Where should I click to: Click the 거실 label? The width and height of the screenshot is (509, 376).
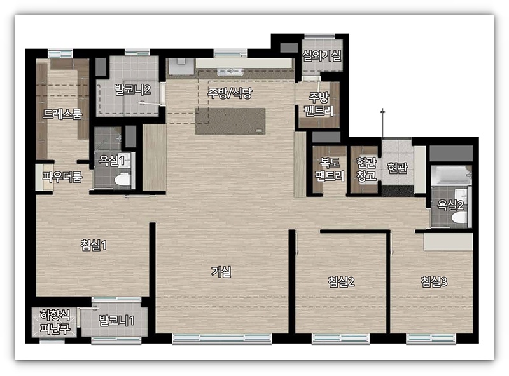(x=221, y=272)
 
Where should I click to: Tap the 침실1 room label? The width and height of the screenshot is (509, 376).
(x=94, y=245)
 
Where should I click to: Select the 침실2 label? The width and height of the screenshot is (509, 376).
(x=341, y=281)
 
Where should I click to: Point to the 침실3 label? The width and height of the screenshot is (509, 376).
(x=434, y=281)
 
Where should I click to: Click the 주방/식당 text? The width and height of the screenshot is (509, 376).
(x=230, y=93)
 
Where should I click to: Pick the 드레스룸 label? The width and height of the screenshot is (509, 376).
(x=62, y=114)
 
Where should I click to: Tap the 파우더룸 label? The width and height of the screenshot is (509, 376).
(x=62, y=177)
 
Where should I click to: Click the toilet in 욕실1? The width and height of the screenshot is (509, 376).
(x=123, y=180)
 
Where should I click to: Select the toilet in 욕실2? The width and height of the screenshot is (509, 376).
(x=459, y=217)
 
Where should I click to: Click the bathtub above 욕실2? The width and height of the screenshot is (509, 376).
(x=451, y=175)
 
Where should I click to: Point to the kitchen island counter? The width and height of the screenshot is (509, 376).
(x=230, y=121)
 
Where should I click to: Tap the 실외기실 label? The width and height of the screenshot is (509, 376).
(x=322, y=56)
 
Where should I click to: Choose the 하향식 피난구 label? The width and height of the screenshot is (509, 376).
(x=55, y=321)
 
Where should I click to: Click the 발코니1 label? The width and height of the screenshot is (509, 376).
(x=116, y=321)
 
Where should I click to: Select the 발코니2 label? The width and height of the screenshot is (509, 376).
(x=132, y=90)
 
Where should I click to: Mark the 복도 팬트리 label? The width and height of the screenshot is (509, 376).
(x=330, y=169)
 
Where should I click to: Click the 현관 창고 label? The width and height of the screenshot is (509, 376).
(x=366, y=169)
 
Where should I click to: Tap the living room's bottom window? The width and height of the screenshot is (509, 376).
(x=222, y=339)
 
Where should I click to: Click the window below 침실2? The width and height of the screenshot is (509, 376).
(x=340, y=339)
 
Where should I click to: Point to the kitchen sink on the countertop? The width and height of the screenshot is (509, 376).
(x=230, y=71)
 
